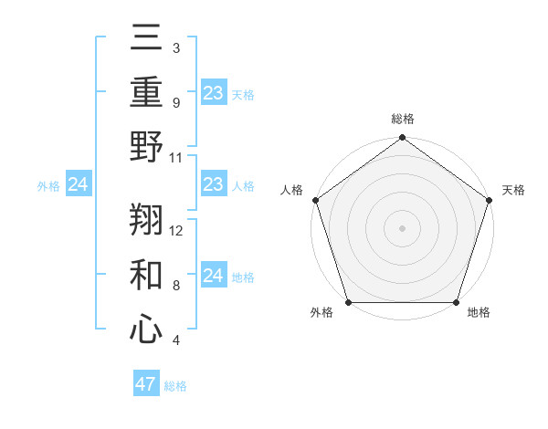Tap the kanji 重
coord(146,94)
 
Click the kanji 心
coord(146,329)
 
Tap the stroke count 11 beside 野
coord(176,156)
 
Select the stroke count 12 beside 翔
coord(176,231)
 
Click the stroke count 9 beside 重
coord(175,103)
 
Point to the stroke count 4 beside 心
coord(175,340)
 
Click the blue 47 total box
coord(146,384)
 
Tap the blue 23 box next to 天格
coord(213,93)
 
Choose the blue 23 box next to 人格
coord(213,184)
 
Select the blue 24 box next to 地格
coord(213,276)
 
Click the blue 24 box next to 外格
coord(78,185)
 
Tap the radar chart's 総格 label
coord(402,119)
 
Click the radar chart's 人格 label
coord(292,190)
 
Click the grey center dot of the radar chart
coord(402,228)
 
